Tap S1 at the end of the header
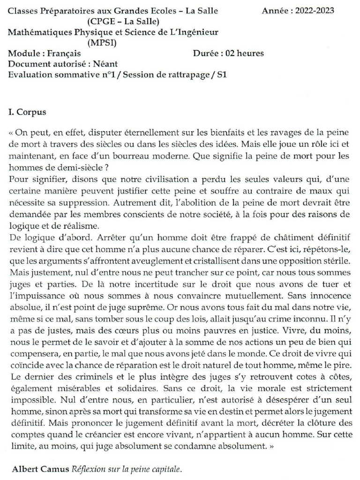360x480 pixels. pyautogui.click(x=221, y=75)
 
